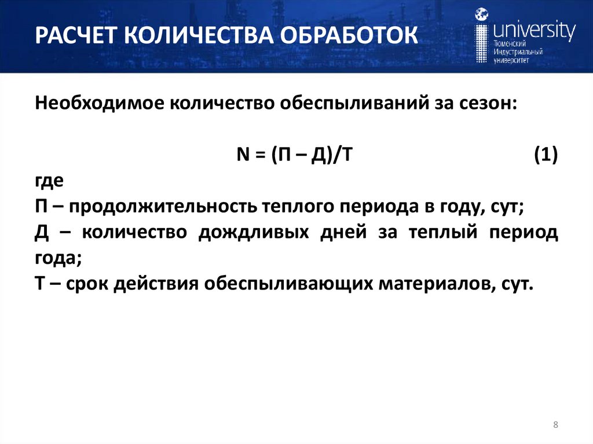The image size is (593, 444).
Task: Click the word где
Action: [x=49, y=181]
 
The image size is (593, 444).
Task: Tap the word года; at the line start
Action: [x=58, y=259]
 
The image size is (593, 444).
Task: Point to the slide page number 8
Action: [x=556, y=425]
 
